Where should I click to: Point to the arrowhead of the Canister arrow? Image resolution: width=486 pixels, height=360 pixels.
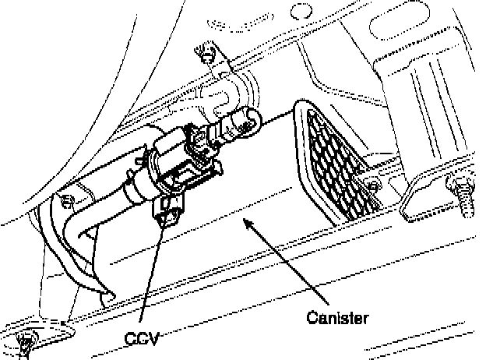(247, 224)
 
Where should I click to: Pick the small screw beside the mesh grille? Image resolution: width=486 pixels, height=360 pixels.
(373, 186)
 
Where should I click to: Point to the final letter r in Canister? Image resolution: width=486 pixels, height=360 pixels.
(364, 318)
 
